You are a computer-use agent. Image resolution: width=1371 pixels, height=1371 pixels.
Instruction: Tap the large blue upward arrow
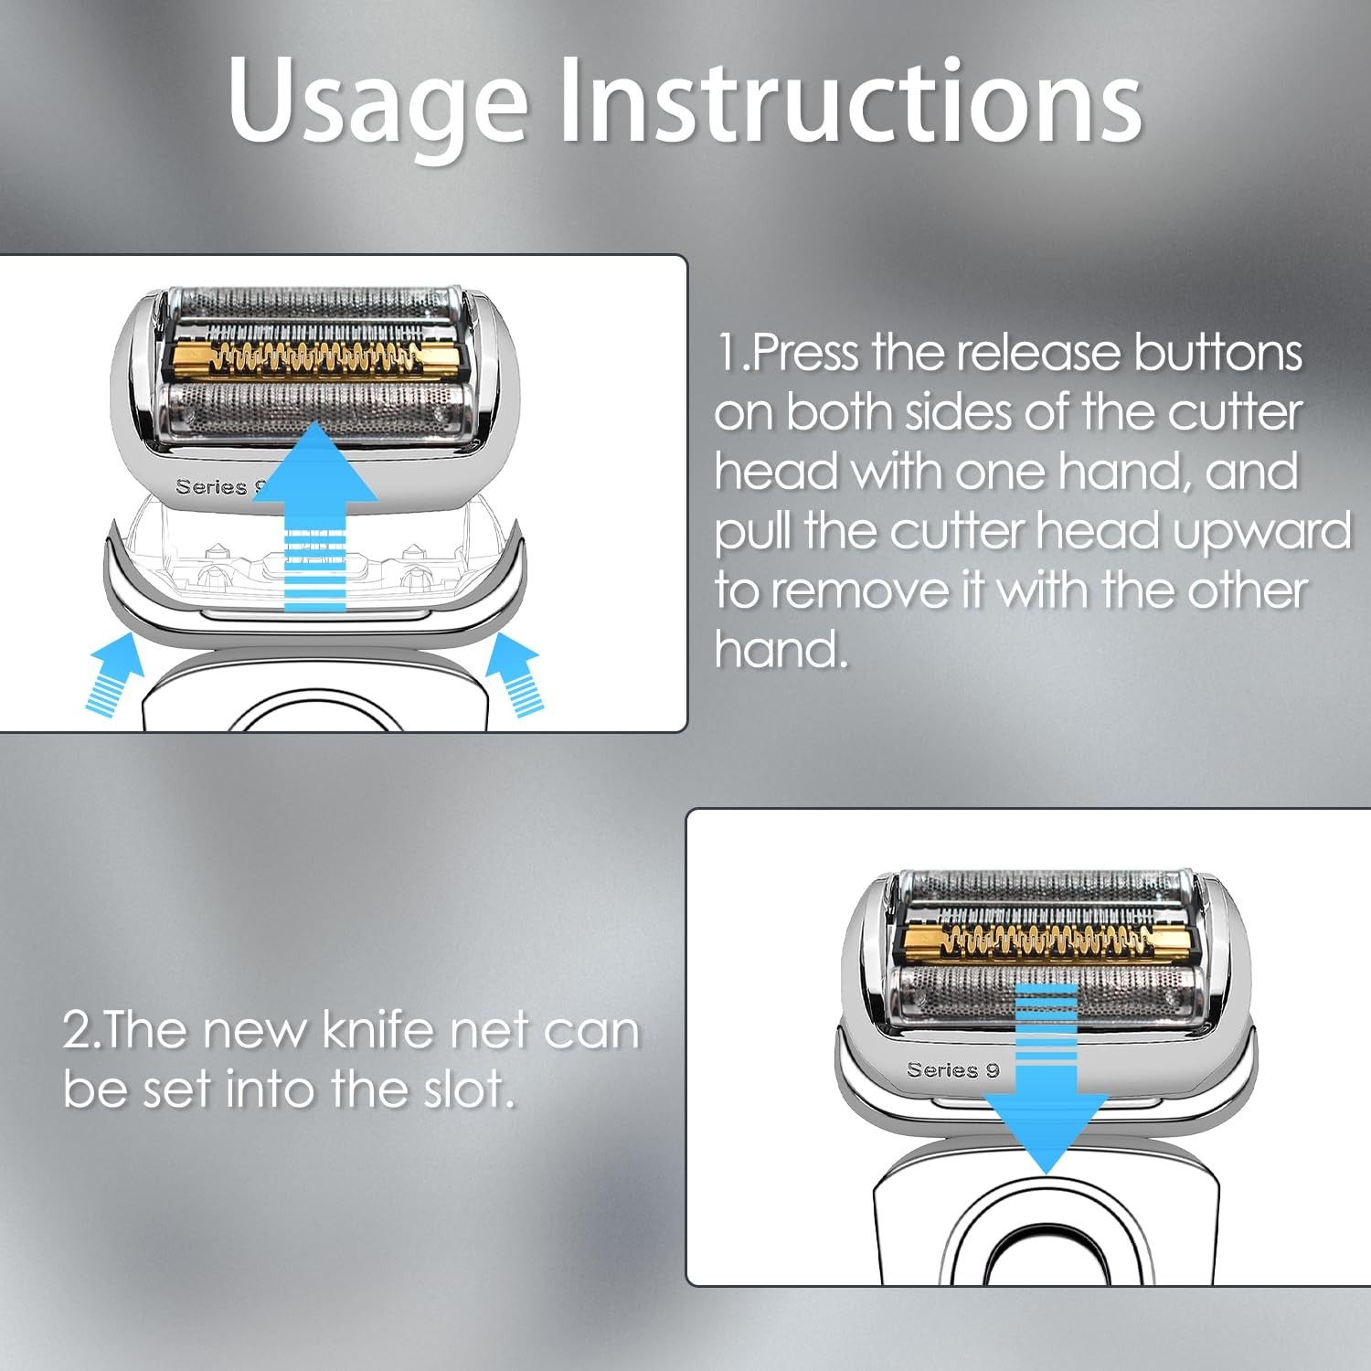point(315,516)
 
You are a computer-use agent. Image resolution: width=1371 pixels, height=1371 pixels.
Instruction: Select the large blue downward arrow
point(1047,1079)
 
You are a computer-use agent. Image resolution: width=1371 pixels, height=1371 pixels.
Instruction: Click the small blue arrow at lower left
point(114,674)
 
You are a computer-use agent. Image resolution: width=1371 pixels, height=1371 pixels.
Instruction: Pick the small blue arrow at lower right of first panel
point(515,674)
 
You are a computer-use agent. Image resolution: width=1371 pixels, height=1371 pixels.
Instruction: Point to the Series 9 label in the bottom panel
point(953,1070)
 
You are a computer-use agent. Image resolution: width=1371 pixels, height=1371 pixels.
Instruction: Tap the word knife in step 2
point(379,1031)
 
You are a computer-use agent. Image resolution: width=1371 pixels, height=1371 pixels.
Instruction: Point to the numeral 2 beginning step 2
point(77,1031)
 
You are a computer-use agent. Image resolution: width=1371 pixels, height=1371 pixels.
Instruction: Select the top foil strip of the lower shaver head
point(1044,884)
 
